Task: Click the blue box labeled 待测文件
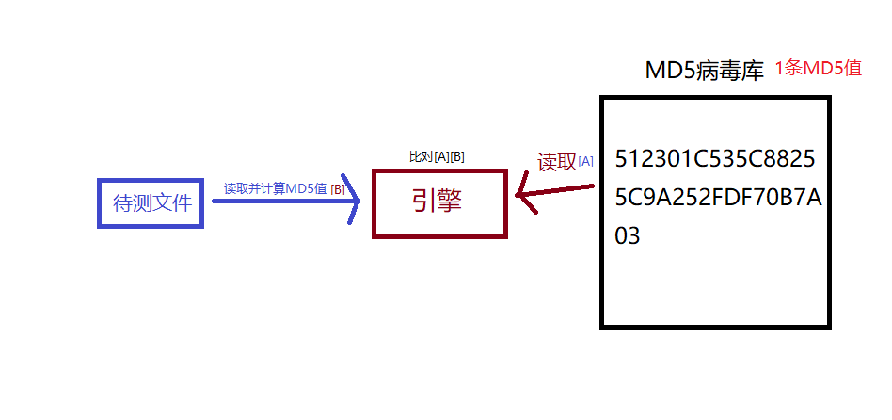pos(151,202)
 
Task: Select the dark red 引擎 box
pos(439,202)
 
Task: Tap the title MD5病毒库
pos(704,71)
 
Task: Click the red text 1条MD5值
pos(818,69)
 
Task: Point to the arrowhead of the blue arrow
pos(354,199)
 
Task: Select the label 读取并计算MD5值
pos(275,188)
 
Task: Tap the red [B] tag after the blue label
pos(337,189)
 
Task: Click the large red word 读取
pos(556,162)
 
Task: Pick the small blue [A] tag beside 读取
pos(585,162)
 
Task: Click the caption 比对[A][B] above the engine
pos(438,157)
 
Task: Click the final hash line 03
pos(628,235)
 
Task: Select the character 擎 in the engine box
pos(451,202)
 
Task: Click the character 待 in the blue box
pos(123,202)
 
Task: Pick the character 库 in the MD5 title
pos(752,71)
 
